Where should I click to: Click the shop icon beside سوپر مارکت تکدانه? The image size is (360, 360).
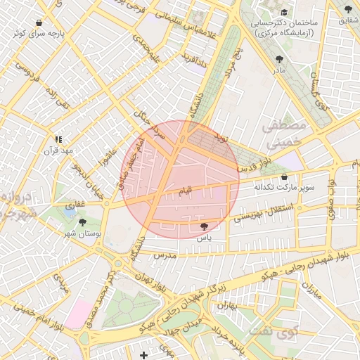(x=284, y=177)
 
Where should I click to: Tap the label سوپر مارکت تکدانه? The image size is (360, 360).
(x=284, y=188)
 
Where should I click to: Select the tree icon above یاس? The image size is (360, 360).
(x=204, y=226)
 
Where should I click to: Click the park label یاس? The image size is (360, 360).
(x=204, y=238)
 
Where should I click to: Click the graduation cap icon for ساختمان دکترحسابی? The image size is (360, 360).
(x=284, y=12)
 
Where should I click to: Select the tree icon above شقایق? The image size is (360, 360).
(x=348, y=9)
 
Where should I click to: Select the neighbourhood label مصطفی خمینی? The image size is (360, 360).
(x=285, y=134)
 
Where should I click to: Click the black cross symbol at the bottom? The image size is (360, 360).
(x=144, y=355)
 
